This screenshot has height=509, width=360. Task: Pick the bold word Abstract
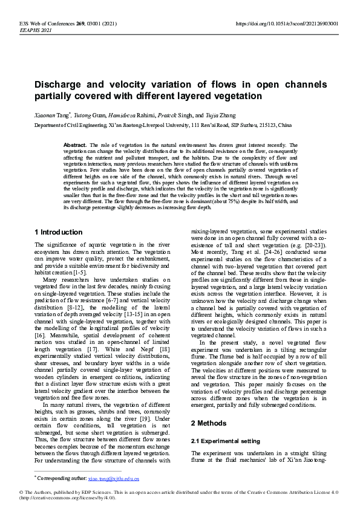pyautogui.click(x=75, y=146)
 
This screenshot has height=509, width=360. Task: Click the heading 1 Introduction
pyautogui.click(x=59, y=232)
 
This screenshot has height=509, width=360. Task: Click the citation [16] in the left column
pyautogui.click(x=39, y=334)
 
